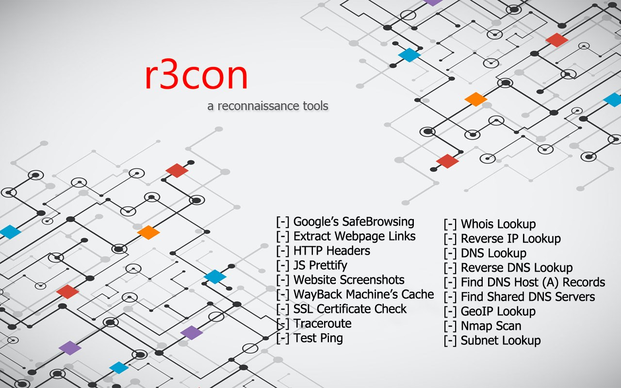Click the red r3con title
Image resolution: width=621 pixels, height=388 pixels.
[x=196, y=76]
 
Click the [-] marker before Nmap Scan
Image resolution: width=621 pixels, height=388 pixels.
[x=450, y=326]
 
